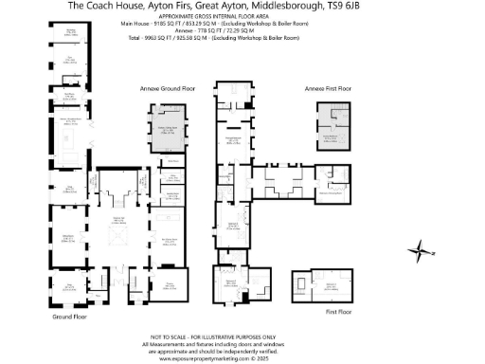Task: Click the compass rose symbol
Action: [418, 250]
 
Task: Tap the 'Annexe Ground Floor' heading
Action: [162, 87]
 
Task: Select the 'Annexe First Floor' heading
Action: [328, 87]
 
